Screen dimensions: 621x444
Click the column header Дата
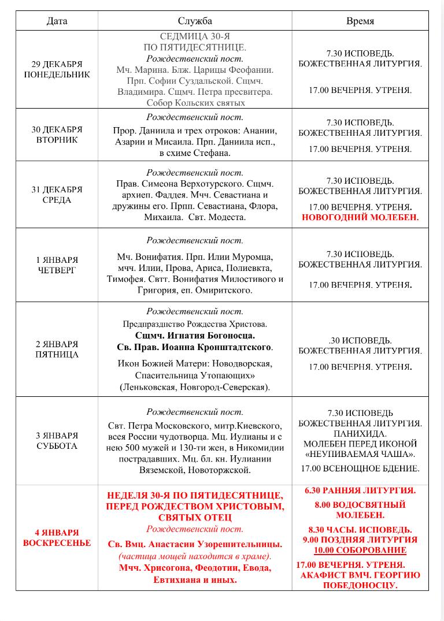tap(57, 21)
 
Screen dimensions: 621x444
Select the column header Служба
tap(195, 21)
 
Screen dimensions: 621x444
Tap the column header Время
tap(360, 21)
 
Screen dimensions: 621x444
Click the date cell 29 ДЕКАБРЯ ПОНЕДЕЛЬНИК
tap(57, 69)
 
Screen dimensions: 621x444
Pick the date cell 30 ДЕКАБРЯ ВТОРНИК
tap(57, 134)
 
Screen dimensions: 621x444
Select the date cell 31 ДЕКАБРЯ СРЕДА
tap(57, 195)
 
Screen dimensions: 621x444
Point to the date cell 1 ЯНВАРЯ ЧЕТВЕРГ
tap(57, 265)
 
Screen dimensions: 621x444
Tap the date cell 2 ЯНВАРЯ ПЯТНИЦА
tap(57, 349)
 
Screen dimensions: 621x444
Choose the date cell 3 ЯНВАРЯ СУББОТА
tap(57, 441)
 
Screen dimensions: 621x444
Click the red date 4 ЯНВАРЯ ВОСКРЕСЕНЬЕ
tap(57, 537)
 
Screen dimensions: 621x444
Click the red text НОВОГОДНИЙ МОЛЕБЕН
tap(360, 218)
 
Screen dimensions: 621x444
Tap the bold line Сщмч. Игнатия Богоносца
tap(195, 335)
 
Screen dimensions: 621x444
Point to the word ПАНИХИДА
tap(360, 433)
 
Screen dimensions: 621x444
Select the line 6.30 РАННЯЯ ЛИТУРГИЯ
tap(360, 490)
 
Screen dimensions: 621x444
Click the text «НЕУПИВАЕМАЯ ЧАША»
tap(360, 454)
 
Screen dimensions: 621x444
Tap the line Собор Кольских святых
tap(195, 103)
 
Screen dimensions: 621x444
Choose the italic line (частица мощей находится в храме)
tap(195, 556)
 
